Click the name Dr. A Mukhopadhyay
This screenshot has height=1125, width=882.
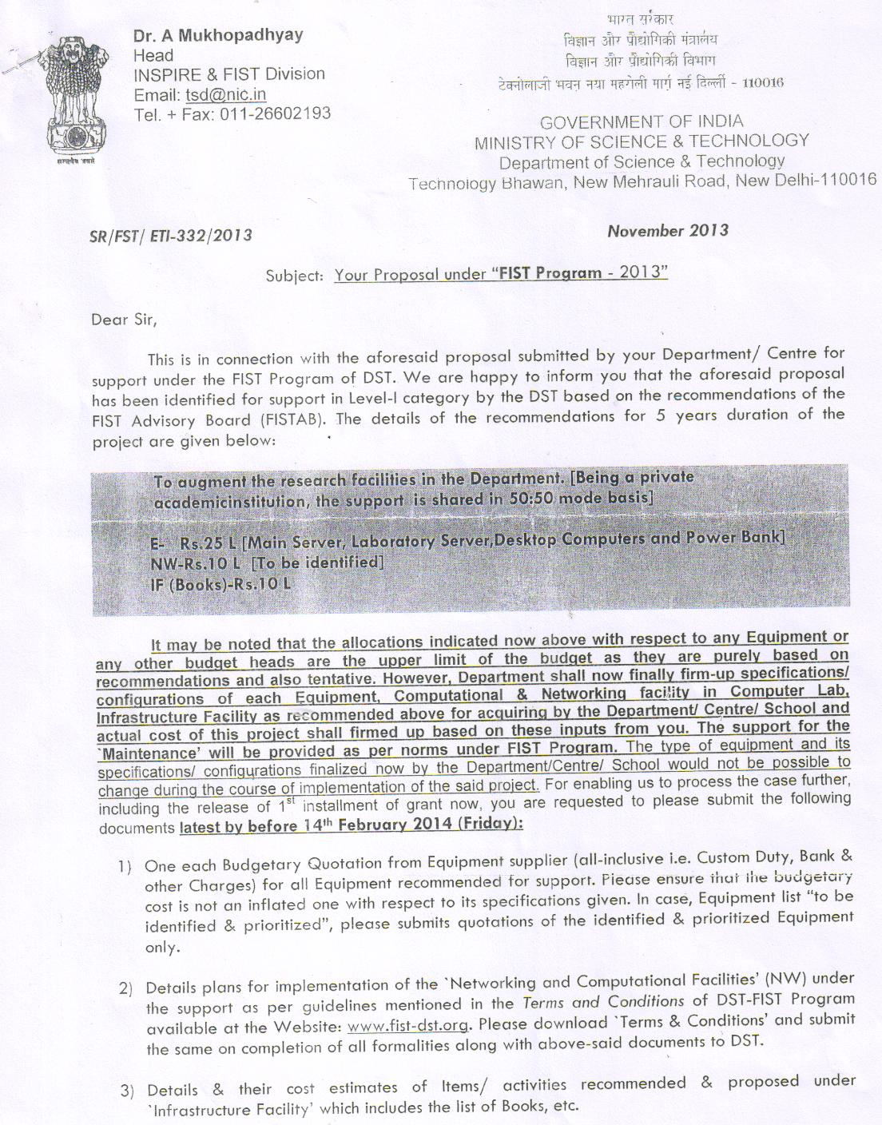(x=218, y=35)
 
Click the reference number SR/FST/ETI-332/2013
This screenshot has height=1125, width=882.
(x=171, y=235)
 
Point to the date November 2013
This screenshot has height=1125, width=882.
(x=668, y=231)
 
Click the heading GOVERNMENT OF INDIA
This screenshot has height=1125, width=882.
(x=642, y=121)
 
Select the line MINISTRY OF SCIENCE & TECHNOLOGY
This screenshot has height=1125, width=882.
(x=642, y=141)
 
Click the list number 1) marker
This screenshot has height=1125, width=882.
(x=125, y=866)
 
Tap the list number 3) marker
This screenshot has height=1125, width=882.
(x=126, y=1091)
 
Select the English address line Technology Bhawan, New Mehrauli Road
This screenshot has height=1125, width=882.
(x=567, y=183)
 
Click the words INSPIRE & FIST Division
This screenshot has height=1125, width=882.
(x=229, y=74)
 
